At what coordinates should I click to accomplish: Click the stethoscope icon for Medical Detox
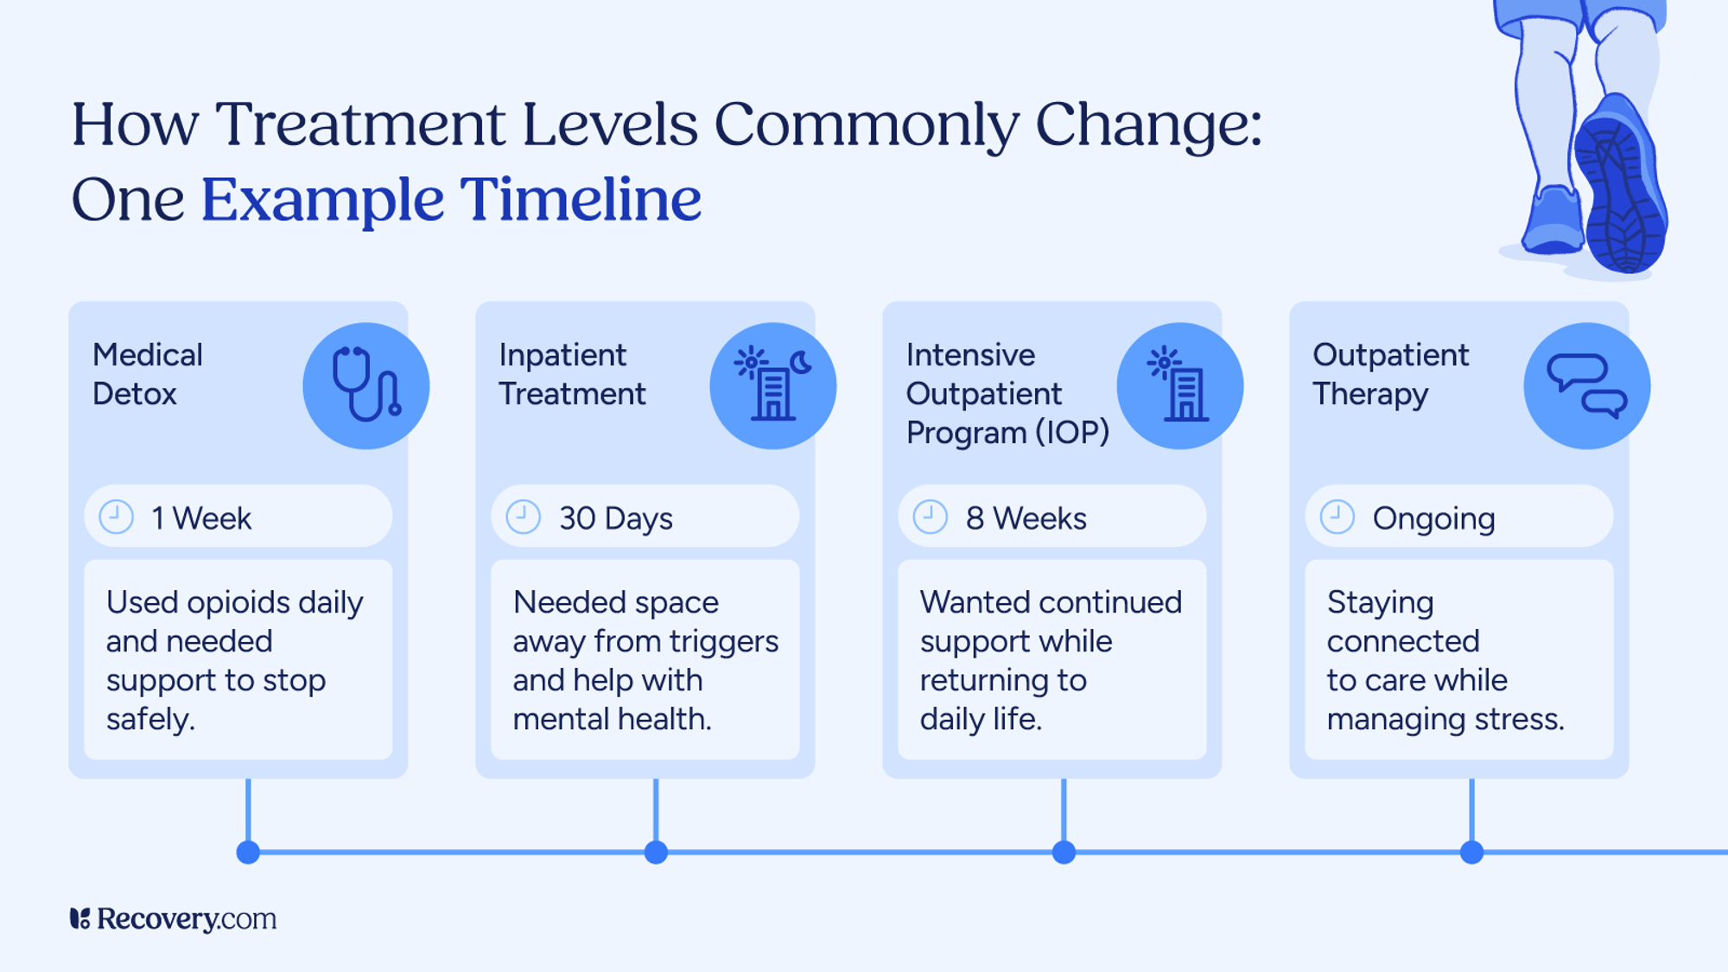click(366, 385)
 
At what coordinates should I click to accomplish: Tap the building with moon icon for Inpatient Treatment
click(773, 385)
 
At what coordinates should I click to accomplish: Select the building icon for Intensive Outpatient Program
click(1180, 385)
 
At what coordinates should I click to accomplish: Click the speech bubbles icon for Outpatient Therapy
click(1587, 385)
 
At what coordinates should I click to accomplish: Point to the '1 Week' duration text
click(201, 518)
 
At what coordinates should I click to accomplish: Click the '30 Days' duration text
click(616, 518)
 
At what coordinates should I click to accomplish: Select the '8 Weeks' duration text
click(1026, 518)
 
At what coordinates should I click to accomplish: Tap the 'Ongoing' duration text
click(1434, 518)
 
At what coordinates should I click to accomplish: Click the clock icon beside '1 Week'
click(117, 517)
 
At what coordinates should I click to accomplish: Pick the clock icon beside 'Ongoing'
click(1337, 517)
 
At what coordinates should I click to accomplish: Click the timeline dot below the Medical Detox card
click(248, 853)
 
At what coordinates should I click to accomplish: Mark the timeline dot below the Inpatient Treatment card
click(656, 853)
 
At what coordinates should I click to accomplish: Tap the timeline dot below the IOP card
click(1064, 853)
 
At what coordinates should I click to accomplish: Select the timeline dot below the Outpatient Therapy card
click(1471, 853)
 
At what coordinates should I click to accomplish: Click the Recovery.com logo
click(174, 918)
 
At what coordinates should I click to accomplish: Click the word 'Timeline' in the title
click(580, 200)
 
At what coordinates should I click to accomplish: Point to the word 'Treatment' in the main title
click(359, 124)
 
